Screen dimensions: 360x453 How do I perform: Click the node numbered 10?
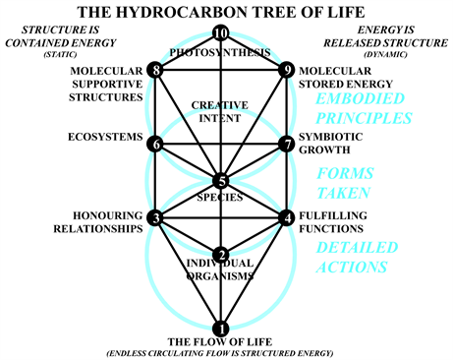pos(221,34)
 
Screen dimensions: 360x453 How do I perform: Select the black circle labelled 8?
pos(155,70)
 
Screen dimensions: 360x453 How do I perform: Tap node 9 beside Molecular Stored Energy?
pos(286,70)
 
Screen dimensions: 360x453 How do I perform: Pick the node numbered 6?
pos(155,144)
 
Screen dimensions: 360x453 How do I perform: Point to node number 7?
pos(286,144)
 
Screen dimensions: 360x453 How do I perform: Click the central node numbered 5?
pos(221,180)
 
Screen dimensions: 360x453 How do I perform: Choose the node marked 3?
pos(155,216)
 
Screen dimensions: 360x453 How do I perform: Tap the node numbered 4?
pos(286,216)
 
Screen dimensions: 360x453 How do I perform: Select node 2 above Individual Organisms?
pos(221,254)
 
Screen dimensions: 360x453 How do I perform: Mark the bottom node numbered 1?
pos(221,328)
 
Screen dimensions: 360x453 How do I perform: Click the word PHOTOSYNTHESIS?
pos(221,51)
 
